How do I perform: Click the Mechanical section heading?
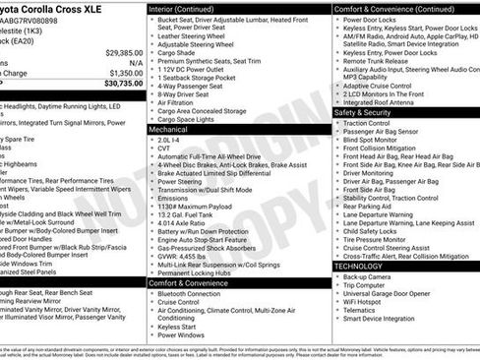point(168,129)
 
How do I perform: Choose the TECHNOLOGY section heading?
point(358,266)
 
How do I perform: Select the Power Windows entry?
point(181,335)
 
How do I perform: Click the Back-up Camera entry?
point(366,277)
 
